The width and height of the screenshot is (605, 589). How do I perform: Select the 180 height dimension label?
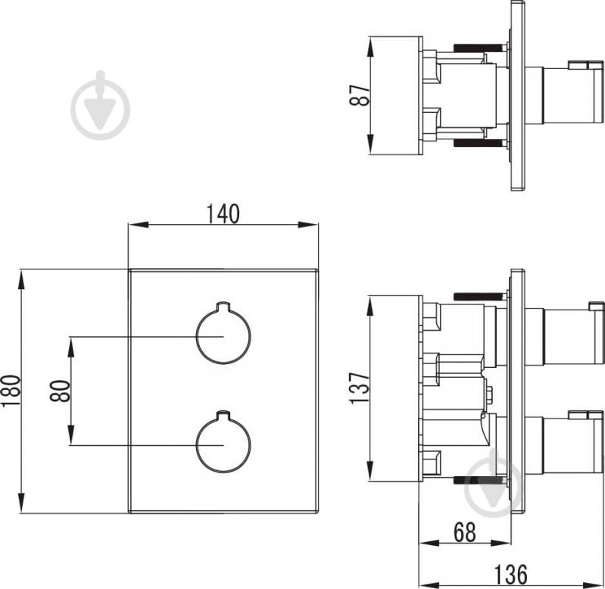9,390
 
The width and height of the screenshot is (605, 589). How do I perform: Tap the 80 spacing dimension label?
60,390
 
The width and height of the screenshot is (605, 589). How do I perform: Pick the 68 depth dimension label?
466,532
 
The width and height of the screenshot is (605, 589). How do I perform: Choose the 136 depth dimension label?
511,573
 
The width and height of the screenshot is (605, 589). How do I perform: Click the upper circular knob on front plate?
223,335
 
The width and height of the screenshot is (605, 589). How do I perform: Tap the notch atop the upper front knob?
223,307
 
